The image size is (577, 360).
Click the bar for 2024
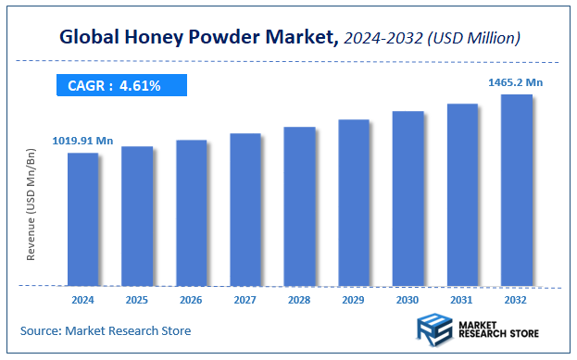pos(82,218)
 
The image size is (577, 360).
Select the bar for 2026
pos(191,212)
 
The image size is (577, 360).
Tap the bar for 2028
pos(299,205)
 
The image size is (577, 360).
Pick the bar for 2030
pos(408,198)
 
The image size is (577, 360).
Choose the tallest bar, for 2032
pos(516,190)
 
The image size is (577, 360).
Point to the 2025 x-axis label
pos(137,300)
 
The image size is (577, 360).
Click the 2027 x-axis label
pos(245,300)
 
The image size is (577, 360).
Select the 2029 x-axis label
pos(354,300)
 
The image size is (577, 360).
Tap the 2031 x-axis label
pos(462,300)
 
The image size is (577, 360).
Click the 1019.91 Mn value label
pos(82,141)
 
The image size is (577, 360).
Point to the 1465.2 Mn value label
pos(515,82)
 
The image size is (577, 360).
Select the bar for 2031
pos(462,194)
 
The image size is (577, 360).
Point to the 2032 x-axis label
pos(516,300)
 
